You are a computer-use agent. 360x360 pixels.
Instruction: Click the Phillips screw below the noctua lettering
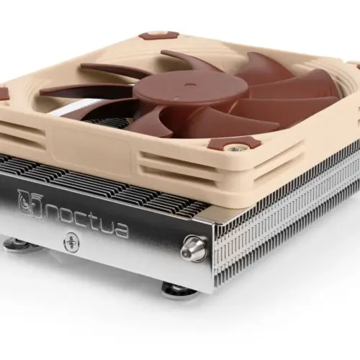click(71, 243)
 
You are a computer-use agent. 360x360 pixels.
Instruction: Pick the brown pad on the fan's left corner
click(4, 93)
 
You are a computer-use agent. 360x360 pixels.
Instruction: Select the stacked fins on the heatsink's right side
click(288, 216)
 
